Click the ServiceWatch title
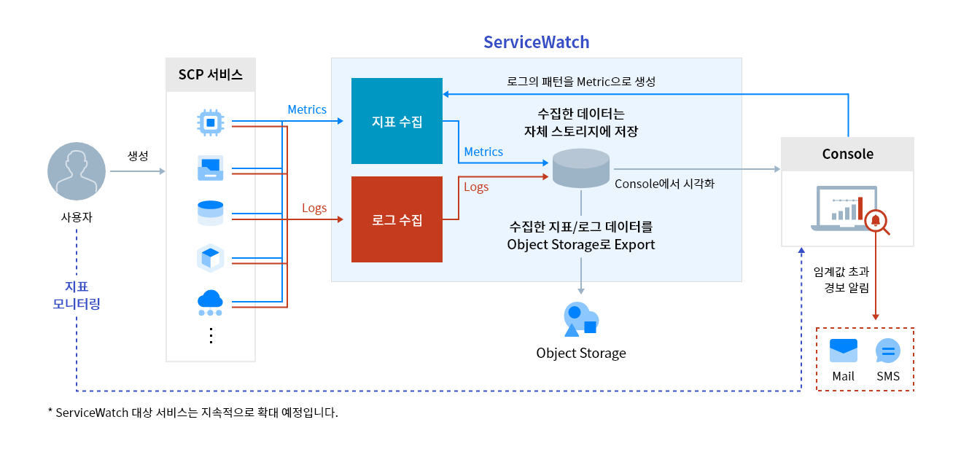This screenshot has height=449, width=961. [x=536, y=42]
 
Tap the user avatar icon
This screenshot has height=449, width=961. [x=77, y=171]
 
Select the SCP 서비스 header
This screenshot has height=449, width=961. [x=211, y=74]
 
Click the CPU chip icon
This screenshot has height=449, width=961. [x=211, y=122]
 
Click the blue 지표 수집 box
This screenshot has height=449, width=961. [x=397, y=121]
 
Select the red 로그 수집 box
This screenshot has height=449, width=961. [x=397, y=219]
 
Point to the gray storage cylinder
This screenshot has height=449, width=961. [x=580, y=168]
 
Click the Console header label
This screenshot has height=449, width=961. [x=847, y=154]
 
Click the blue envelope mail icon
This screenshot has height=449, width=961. [x=844, y=351]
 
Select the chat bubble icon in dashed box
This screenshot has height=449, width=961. [x=887, y=351]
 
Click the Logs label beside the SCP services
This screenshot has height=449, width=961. [x=314, y=208]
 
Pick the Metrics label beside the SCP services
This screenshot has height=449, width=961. [x=307, y=109]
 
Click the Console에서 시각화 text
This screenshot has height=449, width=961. [x=664, y=184]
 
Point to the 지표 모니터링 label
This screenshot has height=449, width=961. [x=77, y=295]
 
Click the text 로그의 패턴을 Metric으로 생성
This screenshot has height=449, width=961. [x=580, y=82]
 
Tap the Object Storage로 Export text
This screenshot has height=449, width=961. [x=580, y=244]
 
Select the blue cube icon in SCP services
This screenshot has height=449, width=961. [x=210, y=258]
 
